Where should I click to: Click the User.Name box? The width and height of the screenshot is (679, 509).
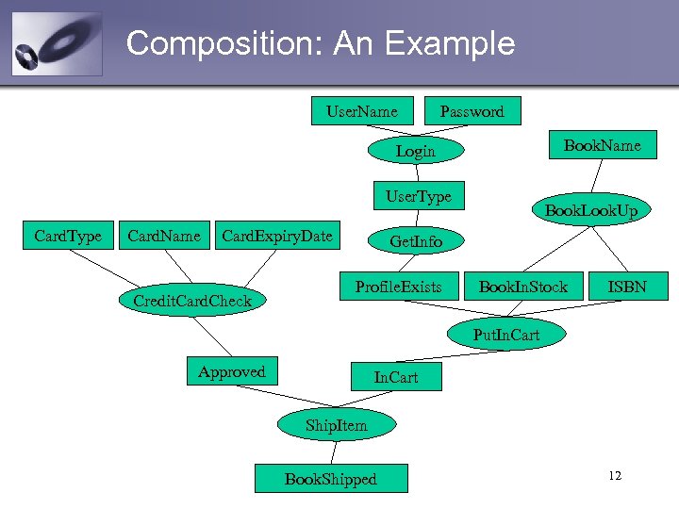361,111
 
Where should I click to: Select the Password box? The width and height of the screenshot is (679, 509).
472,111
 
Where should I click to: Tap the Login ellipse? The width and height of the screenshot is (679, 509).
415,151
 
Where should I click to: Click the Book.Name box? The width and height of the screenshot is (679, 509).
602,145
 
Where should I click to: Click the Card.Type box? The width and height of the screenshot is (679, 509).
68,236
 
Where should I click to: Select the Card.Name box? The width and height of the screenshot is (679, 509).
164,236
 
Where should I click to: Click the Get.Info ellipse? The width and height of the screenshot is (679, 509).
415,242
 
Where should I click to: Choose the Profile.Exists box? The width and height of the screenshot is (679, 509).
398,287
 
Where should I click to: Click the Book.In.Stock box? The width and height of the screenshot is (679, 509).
523,287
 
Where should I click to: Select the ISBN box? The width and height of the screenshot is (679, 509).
626,287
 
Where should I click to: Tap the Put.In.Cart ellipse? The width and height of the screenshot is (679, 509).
505,334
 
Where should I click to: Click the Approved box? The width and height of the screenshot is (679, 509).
231,371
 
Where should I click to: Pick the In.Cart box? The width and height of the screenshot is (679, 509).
396,378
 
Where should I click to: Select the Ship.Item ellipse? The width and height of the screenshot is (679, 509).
337,425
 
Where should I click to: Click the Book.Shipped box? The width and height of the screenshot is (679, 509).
330,479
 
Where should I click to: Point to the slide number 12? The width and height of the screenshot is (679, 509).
615,476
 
